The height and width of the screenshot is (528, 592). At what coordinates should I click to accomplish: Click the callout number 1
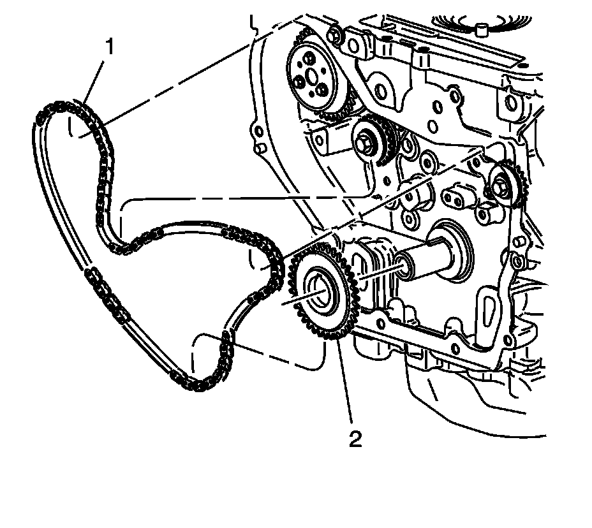[111, 48]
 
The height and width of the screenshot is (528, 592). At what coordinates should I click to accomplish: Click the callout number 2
[355, 439]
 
